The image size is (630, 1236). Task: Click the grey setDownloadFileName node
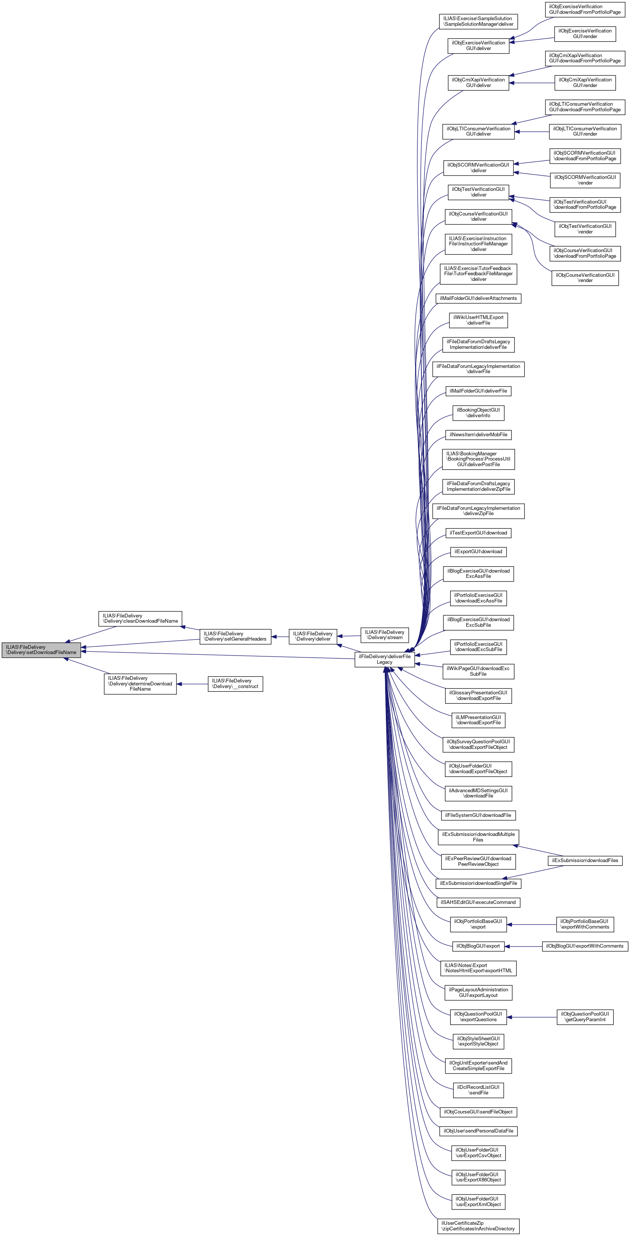(x=41, y=650)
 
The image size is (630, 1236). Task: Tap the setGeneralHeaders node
(x=235, y=636)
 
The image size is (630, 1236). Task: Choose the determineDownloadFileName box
(x=140, y=683)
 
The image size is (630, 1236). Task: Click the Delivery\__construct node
(x=235, y=683)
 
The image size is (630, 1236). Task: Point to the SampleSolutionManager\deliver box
(x=478, y=21)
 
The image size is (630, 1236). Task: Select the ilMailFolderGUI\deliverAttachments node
(x=478, y=298)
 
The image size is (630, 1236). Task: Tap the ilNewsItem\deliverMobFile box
(x=478, y=435)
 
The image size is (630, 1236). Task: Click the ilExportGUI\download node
(x=478, y=552)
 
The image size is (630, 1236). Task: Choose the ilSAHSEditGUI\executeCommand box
(x=478, y=902)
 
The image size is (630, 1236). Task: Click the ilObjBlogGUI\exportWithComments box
(x=584, y=946)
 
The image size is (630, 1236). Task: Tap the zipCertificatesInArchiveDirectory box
(x=478, y=1226)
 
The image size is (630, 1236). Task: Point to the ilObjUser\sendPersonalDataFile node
(x=478, y=1131)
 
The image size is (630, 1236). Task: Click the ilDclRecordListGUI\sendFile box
(x=478, y=1090)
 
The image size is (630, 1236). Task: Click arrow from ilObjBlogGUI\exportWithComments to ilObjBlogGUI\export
(x=523, y=946)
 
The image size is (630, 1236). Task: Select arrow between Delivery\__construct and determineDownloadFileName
(x=192, y=684)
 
